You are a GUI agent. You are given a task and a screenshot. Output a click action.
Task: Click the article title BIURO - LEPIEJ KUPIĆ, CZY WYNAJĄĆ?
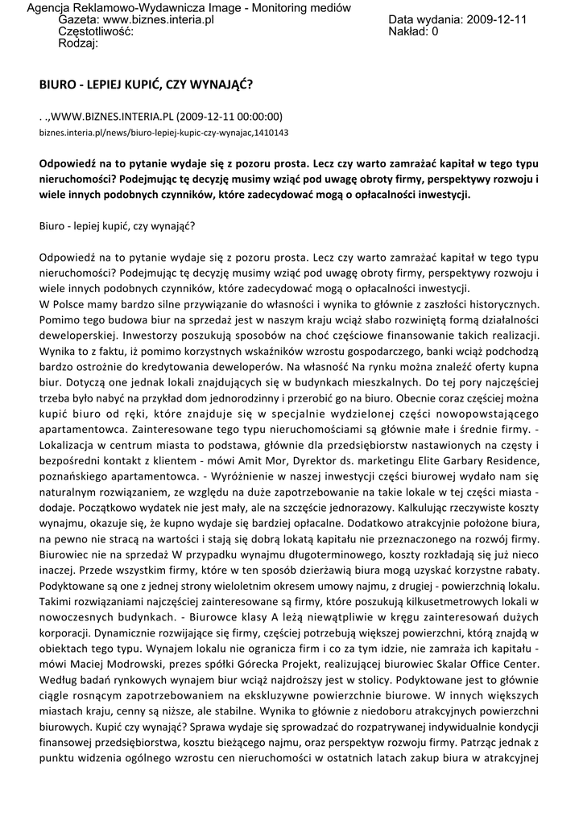coord(150,83)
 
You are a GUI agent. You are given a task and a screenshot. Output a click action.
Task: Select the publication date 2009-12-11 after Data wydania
coord(496,19)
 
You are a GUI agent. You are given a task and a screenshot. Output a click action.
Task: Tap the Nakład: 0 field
coord(413,32)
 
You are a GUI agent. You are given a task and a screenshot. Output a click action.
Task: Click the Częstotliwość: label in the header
coord(96,32)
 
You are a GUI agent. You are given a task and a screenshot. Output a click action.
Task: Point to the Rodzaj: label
coord(78,44)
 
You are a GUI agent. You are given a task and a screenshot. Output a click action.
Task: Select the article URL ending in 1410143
coord(163,132)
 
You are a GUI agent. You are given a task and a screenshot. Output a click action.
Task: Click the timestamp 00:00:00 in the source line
coord(253,115)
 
